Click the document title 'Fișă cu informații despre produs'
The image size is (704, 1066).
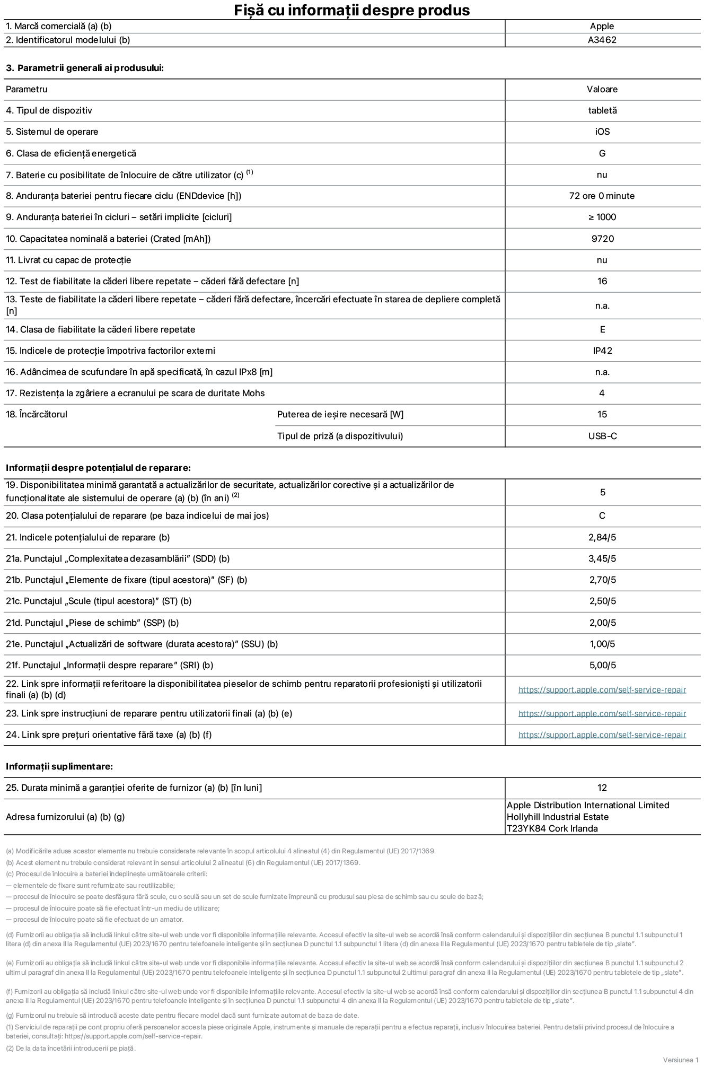(351, 10)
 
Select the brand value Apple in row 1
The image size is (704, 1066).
(602, 26)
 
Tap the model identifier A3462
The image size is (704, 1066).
(602, 40)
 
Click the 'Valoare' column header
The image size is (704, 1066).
(602, 89)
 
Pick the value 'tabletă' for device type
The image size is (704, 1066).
(602, 110)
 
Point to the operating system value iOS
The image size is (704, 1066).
(602, 132)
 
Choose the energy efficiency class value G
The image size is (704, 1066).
(602, 153)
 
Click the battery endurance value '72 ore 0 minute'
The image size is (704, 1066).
(602, 196)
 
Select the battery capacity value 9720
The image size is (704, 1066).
(603, 239)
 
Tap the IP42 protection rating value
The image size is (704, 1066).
(602, 351)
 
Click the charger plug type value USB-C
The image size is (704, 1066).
(602, 436)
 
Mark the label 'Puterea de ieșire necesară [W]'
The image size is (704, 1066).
(340, 414)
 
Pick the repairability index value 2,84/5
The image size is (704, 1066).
(602, 537)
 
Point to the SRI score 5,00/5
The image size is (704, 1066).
(602, 665)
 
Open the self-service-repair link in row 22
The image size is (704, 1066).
(602, 689)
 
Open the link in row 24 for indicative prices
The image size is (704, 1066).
(602, 735)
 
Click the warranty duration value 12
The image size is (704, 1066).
(602, 788)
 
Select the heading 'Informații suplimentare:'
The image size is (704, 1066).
(59, 766)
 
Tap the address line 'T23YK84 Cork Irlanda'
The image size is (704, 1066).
(552, 828)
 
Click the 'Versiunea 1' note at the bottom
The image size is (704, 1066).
(681, 1060)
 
